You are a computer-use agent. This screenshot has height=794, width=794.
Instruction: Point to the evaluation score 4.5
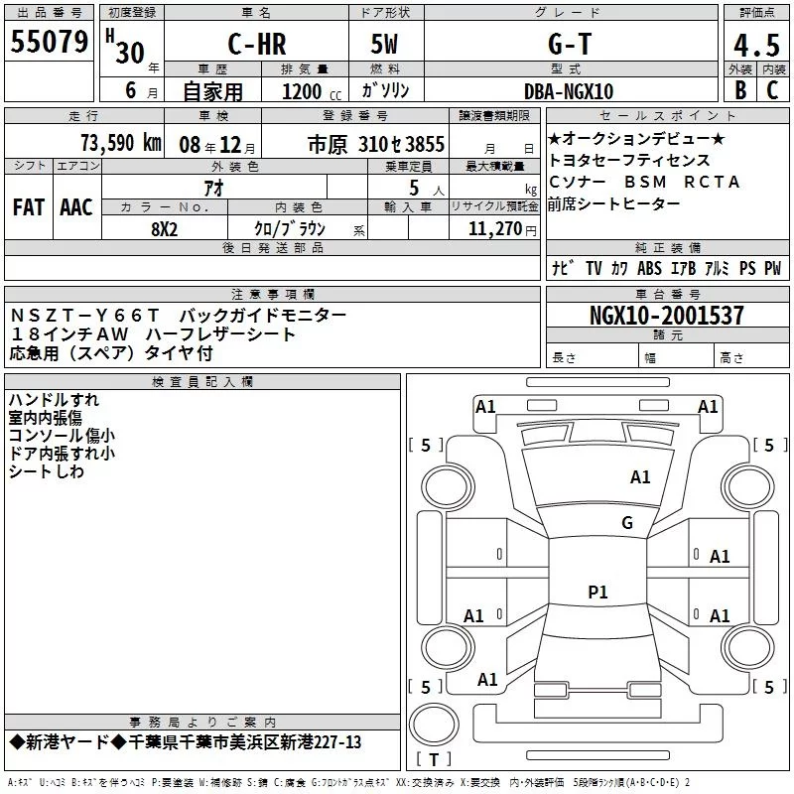point(756,46)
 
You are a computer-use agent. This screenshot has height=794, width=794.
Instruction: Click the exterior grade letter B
point(739,90)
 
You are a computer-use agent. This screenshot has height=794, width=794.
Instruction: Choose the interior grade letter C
point(772,90)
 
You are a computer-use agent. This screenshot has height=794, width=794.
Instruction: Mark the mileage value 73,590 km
point(120,143)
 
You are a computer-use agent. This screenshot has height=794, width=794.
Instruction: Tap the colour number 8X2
point(164,227)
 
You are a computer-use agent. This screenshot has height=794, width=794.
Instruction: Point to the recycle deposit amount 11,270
point(494,228)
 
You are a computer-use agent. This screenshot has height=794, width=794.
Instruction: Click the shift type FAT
point(29,206)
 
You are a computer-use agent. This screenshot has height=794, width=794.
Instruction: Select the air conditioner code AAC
point(76,206)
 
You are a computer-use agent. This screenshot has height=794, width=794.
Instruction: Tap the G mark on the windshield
point(627,522)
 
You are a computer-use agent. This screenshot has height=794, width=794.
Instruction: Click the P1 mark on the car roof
point(597,592)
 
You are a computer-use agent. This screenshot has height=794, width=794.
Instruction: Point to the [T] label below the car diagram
point(433,759)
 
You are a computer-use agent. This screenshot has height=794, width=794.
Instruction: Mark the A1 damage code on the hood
point(640,477)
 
